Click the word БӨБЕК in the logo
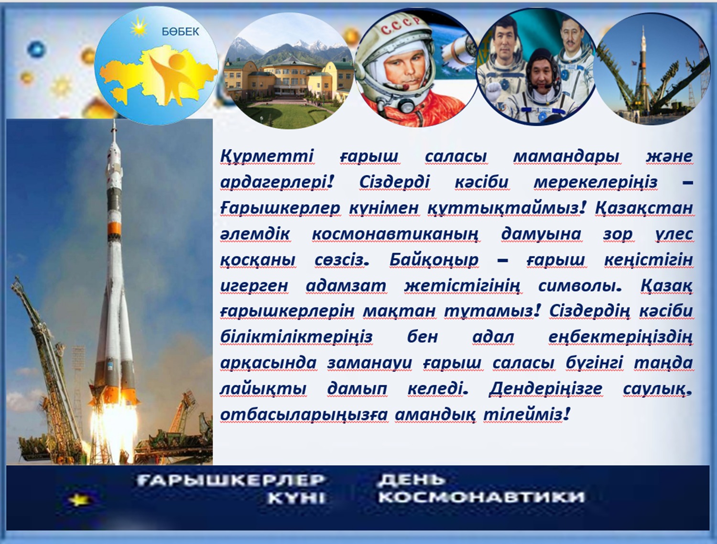coord(180,32)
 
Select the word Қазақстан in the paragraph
coord(644,207)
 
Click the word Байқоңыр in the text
coord(434,260)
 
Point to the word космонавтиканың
coord(395,234)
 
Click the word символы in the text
coord(579,286)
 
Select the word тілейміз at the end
coord(527,415)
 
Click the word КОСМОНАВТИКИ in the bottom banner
coord(481,497)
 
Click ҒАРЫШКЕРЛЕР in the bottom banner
coord(230,480)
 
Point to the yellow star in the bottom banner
coord(79,500)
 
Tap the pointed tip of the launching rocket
coord(114,121)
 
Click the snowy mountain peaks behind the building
coord(287,49)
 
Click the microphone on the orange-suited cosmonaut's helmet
coord(406,87)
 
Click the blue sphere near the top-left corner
coord(36,49)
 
